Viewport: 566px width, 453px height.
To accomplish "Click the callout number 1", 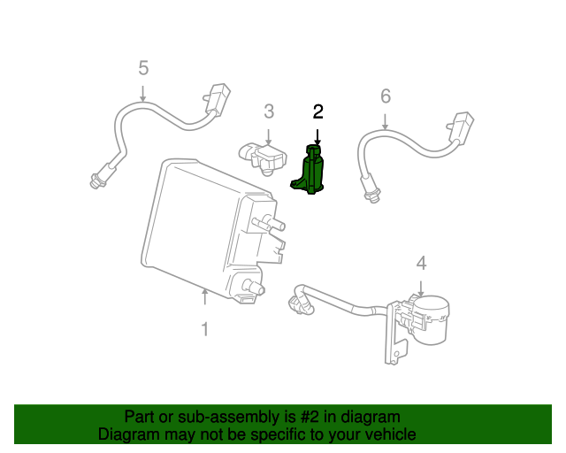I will click(x=204, y=329).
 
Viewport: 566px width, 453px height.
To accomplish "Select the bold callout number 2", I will click(x=317, y=111).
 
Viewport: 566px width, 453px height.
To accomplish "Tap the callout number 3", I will click(x=268, y=111).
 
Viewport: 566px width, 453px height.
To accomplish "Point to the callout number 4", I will click(x=421, y=263).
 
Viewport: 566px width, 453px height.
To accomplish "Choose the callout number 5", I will click(x=143, y=67).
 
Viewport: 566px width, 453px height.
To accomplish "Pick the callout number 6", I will click(x=385, y=96).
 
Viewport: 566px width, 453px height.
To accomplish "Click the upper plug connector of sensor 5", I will click(x=216, y=99).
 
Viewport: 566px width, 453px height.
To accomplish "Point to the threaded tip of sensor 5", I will click(x=95, y=182).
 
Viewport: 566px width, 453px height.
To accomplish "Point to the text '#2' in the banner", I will click(x=302, y=416).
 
